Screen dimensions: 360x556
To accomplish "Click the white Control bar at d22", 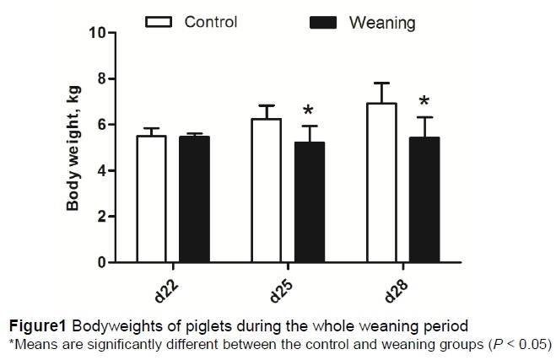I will click(x=151, y=199).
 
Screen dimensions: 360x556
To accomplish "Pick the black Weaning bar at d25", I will click(x=309, y=202).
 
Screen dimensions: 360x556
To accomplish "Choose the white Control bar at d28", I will click(x=381, y=183).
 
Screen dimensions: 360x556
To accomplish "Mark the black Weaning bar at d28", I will click(x=424, y=200).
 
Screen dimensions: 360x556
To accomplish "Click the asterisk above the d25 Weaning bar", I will click(x=308, y=111).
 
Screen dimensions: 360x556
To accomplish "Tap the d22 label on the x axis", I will click(x=166, y=291).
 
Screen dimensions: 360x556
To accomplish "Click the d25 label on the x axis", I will click(x=281, y=291).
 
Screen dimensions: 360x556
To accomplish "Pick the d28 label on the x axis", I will click(x=396, y=291).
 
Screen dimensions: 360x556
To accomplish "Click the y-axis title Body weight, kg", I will click(x=73, y=148).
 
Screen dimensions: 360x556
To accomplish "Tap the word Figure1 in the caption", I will click(x=35, y=326).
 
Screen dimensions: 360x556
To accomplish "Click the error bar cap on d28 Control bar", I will click(x=381, y=83).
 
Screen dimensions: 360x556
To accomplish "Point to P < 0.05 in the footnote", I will click(x=516, y=343).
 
